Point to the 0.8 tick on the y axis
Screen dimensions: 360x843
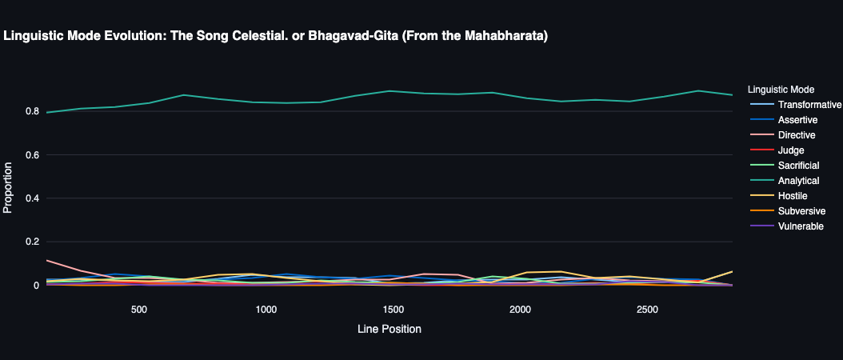point(32,111)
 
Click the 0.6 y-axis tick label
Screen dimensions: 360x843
point(32,154)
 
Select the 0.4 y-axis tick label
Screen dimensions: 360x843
point(32,198)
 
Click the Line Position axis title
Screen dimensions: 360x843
point(389,329)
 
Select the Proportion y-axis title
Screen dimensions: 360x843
point(9,188)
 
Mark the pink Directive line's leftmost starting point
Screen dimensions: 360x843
point(47,260)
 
